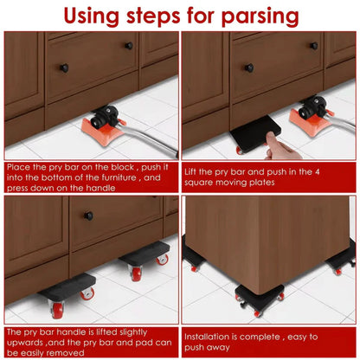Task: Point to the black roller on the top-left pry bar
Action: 104,115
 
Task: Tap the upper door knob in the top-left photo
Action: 128,45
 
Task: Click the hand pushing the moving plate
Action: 279,145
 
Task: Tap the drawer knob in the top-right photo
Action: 249,67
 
